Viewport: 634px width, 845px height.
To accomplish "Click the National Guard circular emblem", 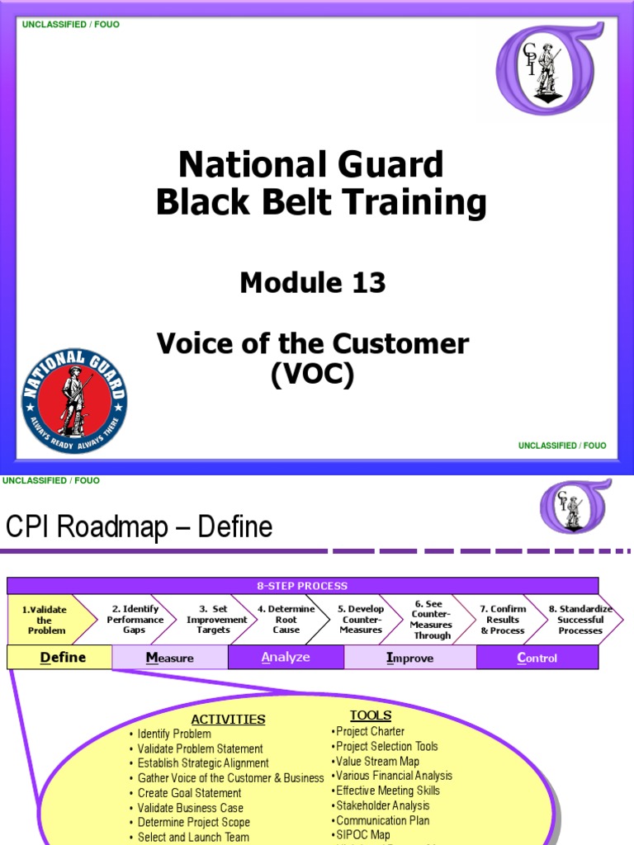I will point(74,401).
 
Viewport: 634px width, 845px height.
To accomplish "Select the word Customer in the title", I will point(410,343).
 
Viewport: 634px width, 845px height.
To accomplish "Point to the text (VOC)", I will point(313,375).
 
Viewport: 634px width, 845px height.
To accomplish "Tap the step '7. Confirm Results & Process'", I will point(503,620).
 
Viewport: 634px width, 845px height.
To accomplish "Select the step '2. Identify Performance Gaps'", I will point(135,620).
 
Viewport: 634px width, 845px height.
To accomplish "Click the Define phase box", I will point(59,658).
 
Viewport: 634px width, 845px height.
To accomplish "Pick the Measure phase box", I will point(170,658).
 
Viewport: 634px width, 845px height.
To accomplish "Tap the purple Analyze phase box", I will point(286,658).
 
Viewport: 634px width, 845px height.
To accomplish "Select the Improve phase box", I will point(410,658).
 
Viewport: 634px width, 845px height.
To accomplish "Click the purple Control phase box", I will point(537,658).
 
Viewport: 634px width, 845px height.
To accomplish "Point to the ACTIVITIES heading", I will point(229,720).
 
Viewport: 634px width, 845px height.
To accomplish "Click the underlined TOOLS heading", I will point(371,715).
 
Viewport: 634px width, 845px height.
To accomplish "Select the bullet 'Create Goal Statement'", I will point(189,793).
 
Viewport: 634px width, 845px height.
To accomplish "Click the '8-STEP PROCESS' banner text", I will point(302,586).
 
